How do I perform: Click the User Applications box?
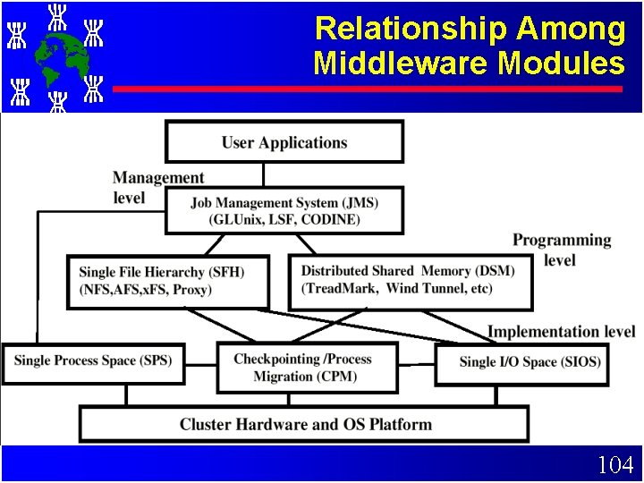point(284,142)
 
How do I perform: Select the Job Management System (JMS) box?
point(284,211)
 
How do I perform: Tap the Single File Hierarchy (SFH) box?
point(168,281)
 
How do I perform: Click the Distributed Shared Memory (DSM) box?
point(410,281)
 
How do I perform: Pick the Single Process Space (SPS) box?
point(92,361)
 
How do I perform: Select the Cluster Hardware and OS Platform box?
point(304,424)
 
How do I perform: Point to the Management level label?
point(157,188)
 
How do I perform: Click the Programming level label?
point(562,250)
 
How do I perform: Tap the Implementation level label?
point(561,332)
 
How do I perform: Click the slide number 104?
point(615,465)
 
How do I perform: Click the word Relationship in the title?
point(410,30)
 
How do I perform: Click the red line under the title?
point(367,89)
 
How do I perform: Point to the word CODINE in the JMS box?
point(329,219)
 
